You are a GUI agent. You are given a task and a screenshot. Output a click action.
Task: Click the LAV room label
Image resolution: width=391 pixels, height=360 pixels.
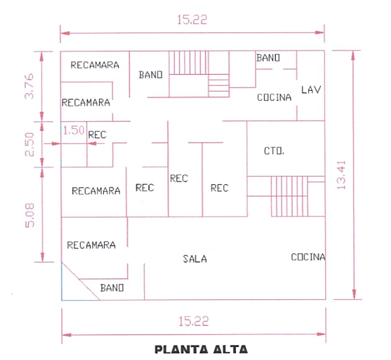pyautogui.click(x=311, y=90)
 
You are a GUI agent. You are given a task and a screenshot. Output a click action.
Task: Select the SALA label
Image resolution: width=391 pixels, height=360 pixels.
pyautogui.click(x=195, y=259)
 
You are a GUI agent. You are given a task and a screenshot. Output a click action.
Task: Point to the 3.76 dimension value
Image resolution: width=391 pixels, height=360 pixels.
pyautogui.click(x=29, y=86)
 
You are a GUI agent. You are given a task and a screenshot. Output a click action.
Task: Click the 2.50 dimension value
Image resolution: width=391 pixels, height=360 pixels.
pyautogui.click(x=29, y=144)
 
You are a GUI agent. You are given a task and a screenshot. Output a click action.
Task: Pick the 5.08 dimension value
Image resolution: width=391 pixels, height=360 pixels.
pyautogui.click(x=29, y=215)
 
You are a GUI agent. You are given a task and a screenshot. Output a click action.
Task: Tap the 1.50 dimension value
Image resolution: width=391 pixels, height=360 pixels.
pyautogui.click(x=74, y=130)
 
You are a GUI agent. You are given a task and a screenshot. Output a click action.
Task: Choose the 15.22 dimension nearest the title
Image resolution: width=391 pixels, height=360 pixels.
pyautogui.click(x=193, y=321)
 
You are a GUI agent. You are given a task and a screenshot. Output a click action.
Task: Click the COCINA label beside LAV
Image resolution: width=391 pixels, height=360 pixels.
pyautogui.click(x=274, y=97)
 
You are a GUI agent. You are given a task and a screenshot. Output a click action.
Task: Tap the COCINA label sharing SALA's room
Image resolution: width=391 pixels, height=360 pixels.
pyautogui.click(x=308, y=257)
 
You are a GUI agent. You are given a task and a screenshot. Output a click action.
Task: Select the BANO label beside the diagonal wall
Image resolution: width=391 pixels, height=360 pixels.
pyautogui.click(x=112, y=288)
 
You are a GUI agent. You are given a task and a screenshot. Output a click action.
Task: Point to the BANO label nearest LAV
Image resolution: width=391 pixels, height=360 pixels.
pyautogui.click(x=268, y=58)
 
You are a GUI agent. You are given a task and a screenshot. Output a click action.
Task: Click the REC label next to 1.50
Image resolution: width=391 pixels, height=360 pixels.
pyautogui.click(x=97, y=135)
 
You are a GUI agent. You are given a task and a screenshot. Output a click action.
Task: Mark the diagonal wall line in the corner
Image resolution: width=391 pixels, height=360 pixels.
pyautogui.click(x=80, y=281)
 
